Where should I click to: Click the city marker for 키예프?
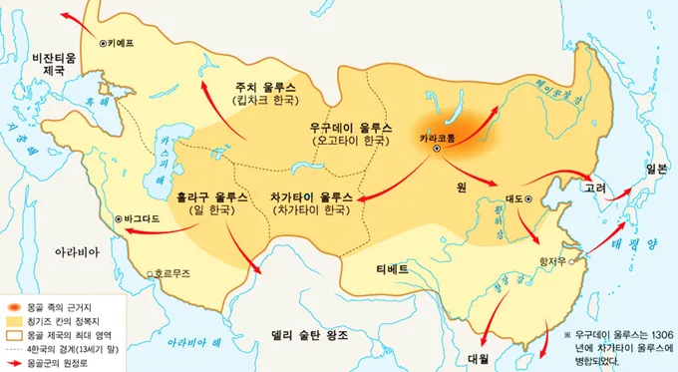104,43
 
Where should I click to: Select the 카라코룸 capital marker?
436,149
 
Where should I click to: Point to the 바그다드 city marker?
119,217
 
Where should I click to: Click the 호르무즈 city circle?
149,273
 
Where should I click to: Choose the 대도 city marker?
529,199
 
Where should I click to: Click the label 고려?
594,186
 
